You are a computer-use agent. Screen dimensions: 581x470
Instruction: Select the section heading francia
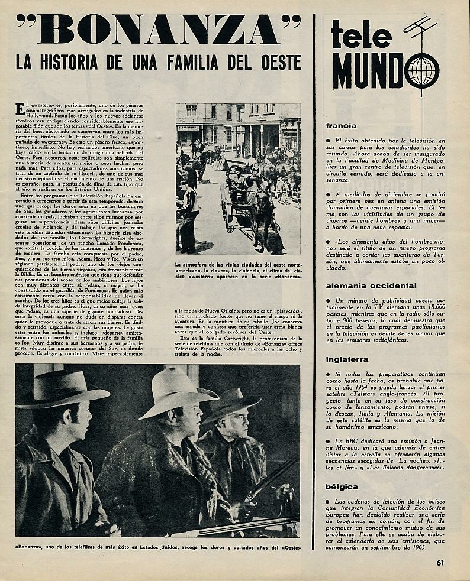[341, 125]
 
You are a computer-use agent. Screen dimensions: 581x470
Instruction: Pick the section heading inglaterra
[347, 359]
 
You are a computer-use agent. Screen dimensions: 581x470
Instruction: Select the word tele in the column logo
[361, 35]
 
